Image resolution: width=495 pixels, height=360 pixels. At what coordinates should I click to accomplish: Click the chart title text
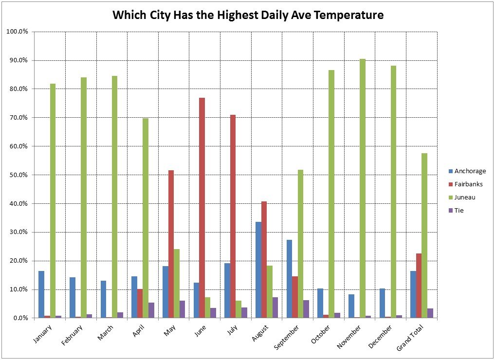point(248,15)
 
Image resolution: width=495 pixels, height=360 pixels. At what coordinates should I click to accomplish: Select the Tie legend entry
point(459,211)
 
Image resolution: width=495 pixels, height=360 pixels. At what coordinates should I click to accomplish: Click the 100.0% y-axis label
point(18,32)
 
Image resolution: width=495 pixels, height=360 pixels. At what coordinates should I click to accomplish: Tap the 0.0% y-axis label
point(20,318)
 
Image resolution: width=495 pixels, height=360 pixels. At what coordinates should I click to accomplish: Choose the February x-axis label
point(73,335)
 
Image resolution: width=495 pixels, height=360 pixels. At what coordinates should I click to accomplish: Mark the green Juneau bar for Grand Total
point(424,235)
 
